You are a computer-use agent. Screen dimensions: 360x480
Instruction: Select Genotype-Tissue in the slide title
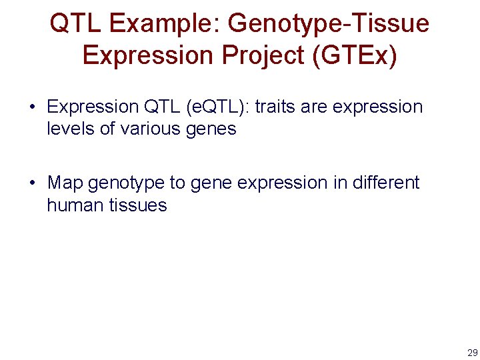coord(328,24)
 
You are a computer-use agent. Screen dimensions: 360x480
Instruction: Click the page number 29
coord(472,353)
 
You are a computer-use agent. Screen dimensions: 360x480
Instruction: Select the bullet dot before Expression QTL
coord(32,107)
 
